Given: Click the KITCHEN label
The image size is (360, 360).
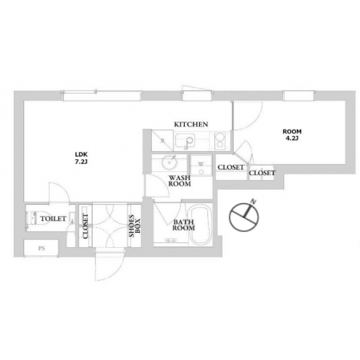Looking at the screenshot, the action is pyautogui.click(x=191, y=124).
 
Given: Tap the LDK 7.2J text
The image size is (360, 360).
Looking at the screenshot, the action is pyautogui.click(x=81, y=158).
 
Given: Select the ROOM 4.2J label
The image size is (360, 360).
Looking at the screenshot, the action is pyautogui.click(x=292, y=134).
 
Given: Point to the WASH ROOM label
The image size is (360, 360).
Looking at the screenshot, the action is pyautogui.click(x=179, y=181).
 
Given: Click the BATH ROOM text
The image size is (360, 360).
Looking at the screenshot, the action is pyautogui.click(x=183, y=225).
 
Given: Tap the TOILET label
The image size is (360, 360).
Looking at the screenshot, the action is pyautogui.click(x=53, y=218).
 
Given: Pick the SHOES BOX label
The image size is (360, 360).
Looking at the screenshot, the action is pyautogui.click(x=134, y=226).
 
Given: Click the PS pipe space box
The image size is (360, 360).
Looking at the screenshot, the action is pyautogui.click(x=41, y=248).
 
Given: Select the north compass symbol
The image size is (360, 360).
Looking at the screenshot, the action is pyautogui.click(x=244, y=215).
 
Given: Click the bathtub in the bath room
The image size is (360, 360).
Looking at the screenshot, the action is pyautogui.click(x=201, y=225).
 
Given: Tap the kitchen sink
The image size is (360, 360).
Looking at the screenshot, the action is pyautogui.click(x=185, y=141).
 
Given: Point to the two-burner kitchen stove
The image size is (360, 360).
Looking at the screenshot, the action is pyautogui.click(x=220, y=140).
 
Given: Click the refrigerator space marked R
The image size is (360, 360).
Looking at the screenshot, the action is pyautogui.click(x=162, y=141).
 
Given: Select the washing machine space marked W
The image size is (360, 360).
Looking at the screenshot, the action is pyautogui.click(x=201, y=165).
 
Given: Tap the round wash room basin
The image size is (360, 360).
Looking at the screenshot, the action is pyautogui.click(x=169, y=162).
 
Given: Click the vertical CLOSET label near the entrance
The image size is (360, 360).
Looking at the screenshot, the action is pyautogui.click(x=86, y=226).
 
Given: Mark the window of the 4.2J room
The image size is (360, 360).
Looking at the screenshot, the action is pyautogui.click(x=298, y=96).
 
